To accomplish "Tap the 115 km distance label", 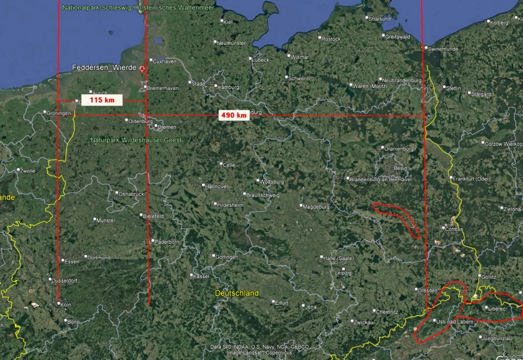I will tap(102, 100).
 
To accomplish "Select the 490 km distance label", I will tap(234, 115).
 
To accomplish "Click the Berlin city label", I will tap(401, 168).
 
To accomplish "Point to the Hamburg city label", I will tap(228, 87).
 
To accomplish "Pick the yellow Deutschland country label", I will tap(236, 293).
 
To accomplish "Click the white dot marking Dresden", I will tap(415, 290).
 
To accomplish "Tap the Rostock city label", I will tap(331, 39).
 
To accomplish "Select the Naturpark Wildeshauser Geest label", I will tap(136, 140).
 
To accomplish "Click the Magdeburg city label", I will tap(317, 207).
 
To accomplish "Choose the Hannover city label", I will tap(216, 186).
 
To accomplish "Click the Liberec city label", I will tap(496, 309).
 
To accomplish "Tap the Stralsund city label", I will tap(379, 19).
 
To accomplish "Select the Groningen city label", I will tap(59, 113).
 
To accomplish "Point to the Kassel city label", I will tap(200, 276).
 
